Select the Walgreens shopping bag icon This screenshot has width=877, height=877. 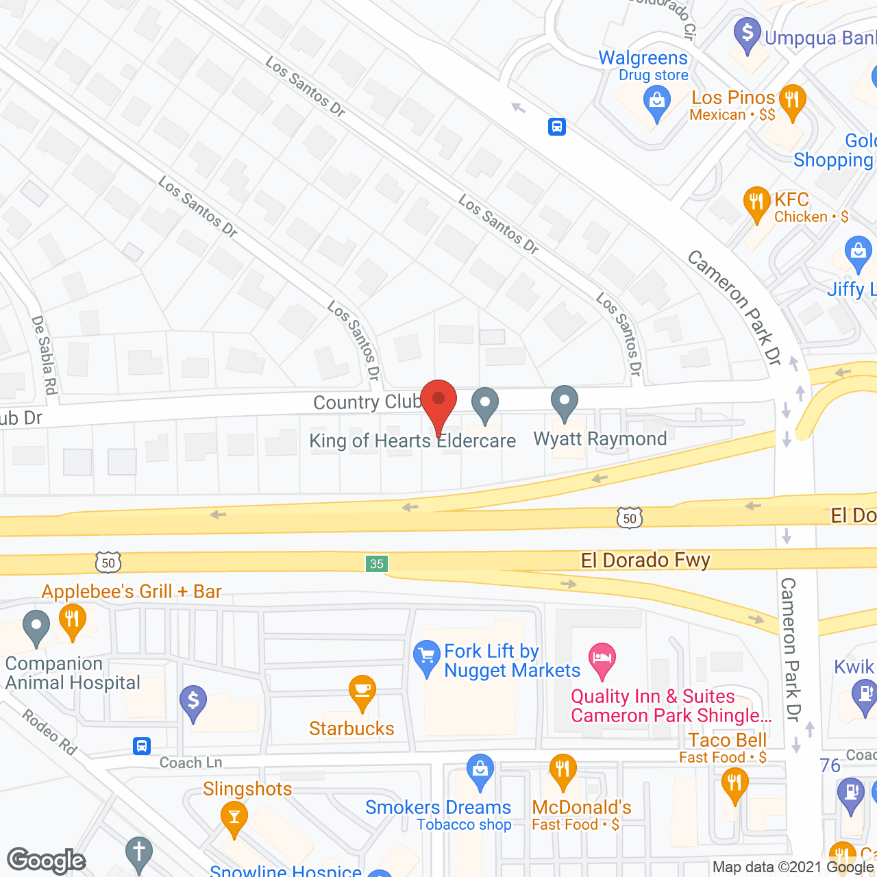point(656,104)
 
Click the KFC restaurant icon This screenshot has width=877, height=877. point(756,203)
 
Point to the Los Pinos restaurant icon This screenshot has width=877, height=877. point(791,101)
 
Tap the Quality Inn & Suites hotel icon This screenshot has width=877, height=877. point(602,659)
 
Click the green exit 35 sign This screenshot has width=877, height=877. point(376,564)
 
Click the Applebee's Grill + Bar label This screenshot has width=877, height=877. point(132,591)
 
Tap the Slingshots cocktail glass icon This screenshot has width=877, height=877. point(234,817)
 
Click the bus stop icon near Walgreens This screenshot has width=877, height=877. point(556,126)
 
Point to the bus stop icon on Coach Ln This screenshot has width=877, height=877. point(142,745)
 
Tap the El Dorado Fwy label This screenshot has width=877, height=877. point(645,560)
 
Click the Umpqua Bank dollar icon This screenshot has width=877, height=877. point(747,34)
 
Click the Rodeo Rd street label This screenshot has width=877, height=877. point(49,732)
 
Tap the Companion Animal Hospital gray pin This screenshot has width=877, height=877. point(36,627)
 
